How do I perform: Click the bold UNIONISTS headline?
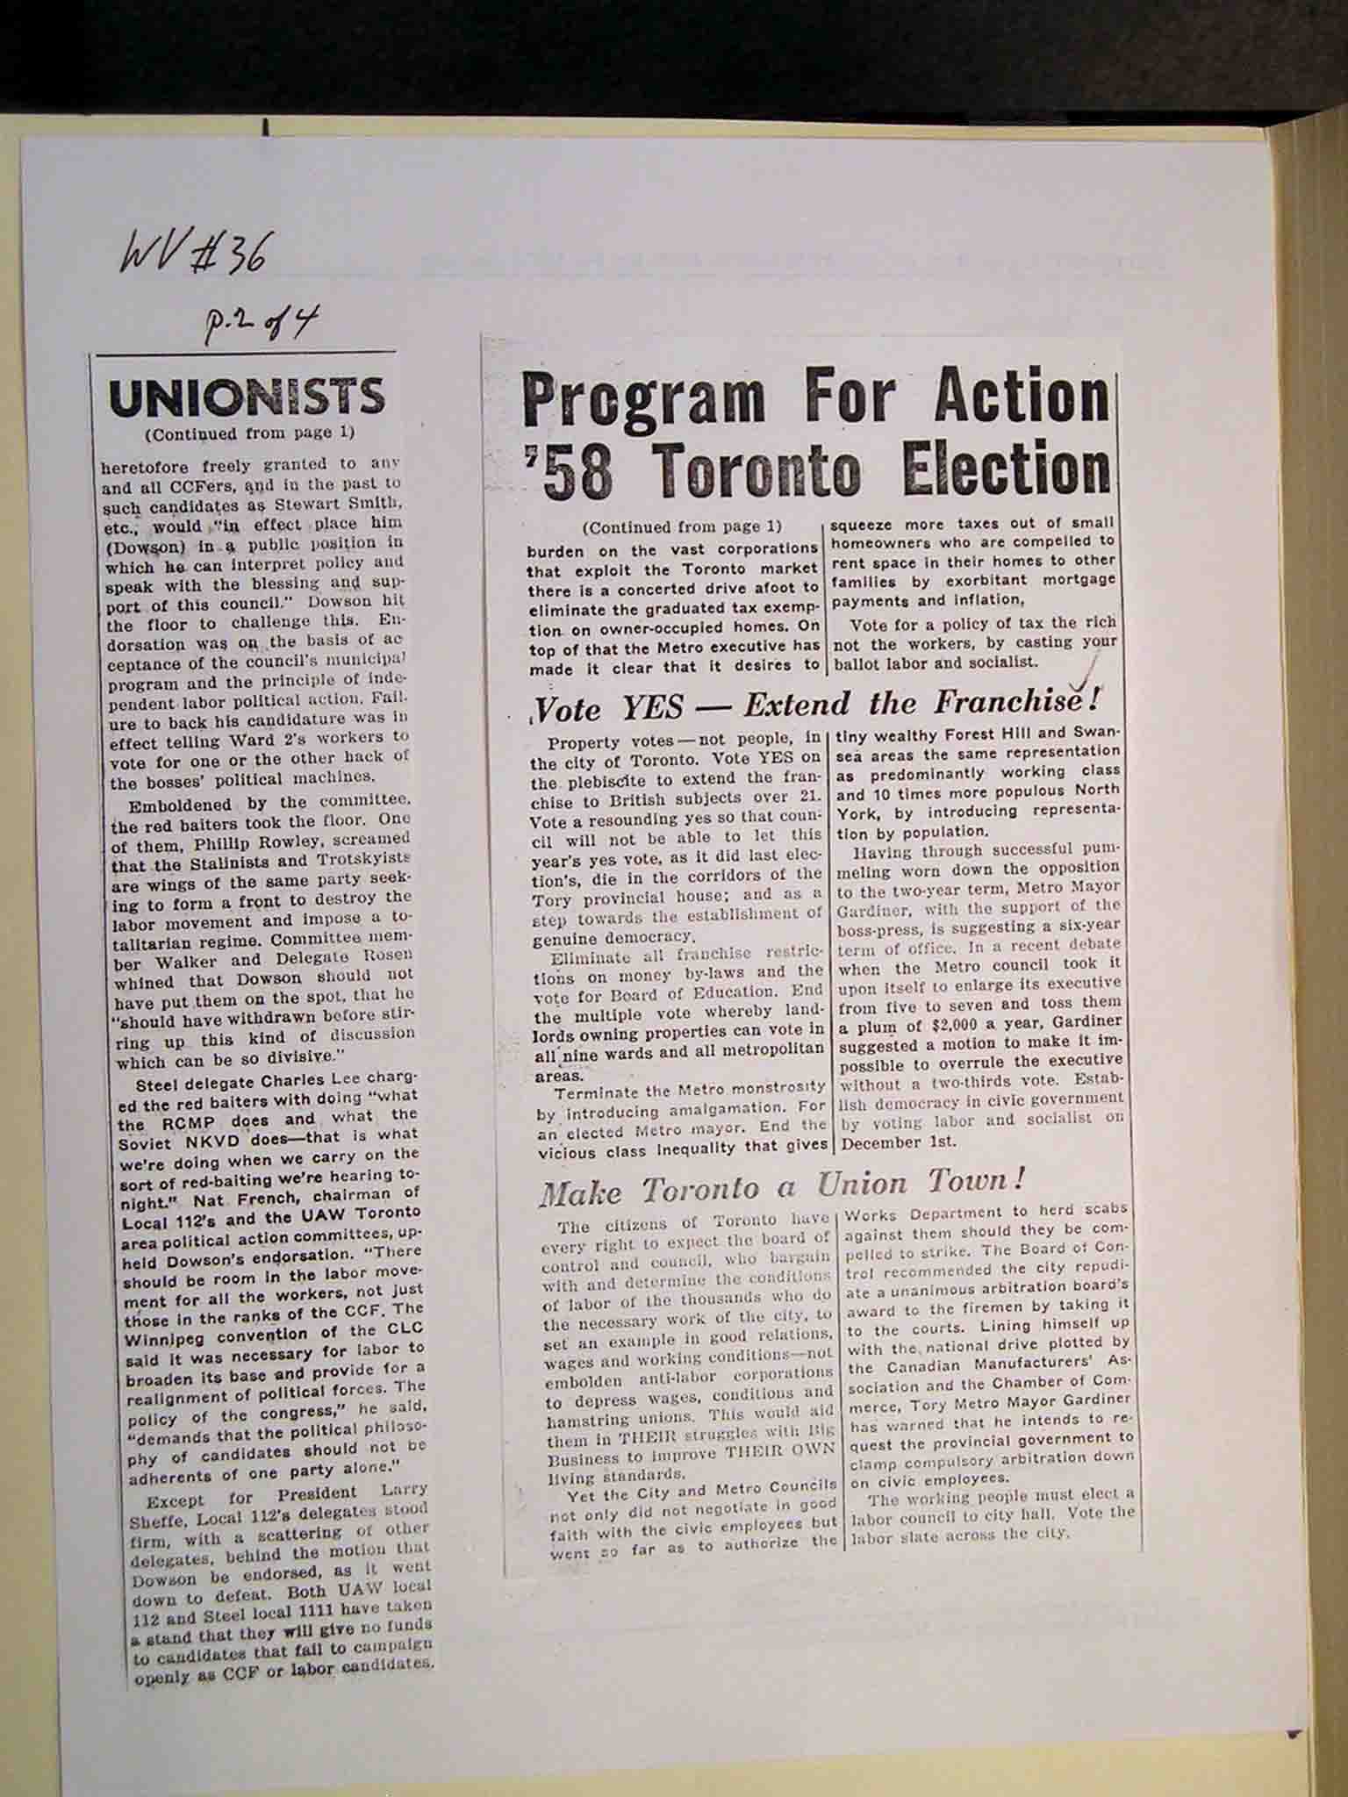[247, 397]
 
